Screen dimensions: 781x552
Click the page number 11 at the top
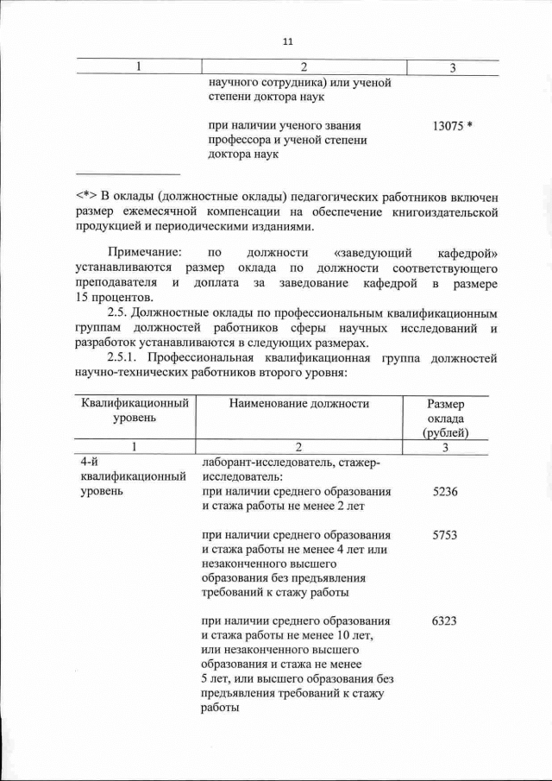(x=288, y=41)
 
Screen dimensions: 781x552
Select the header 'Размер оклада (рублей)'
(x=445, y=417)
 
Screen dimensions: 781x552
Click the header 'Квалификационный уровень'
(x=134, y=410)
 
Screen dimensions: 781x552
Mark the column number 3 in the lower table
(x=445, y=448)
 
